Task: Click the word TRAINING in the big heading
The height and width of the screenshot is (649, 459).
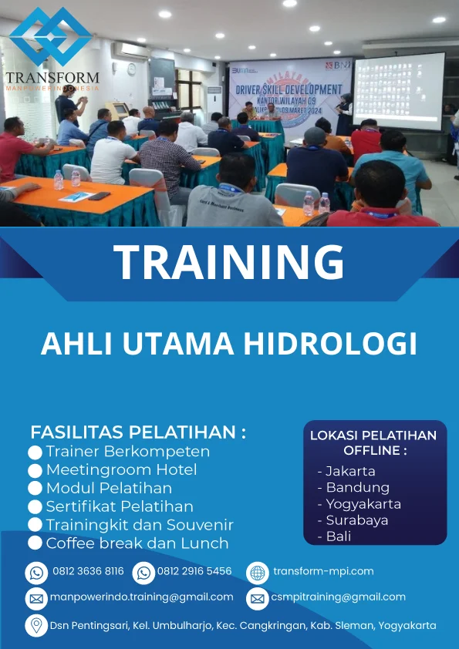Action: click(229, 262)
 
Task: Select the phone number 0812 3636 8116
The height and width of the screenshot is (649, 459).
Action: click(88, 572)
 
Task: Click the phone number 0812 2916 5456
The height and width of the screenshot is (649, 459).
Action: click(194, 572)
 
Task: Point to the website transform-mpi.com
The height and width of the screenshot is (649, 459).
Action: click(323, 571)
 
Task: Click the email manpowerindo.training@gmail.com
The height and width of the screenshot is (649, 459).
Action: click(141, 597)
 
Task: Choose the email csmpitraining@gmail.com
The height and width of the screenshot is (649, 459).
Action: click(338, 597)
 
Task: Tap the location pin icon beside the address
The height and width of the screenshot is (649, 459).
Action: click(36, 625)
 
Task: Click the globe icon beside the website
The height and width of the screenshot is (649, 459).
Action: click(257, 572)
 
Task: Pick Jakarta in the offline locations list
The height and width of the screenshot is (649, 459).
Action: click(350, 471)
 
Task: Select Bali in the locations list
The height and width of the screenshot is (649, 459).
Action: click(339, 536)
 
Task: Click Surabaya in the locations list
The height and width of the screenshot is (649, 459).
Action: click(356, 520)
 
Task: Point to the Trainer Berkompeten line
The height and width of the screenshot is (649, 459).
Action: click(127, 452)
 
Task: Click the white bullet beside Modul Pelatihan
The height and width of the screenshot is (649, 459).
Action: click(35, 489)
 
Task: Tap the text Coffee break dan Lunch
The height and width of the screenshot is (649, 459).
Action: click(137, 543)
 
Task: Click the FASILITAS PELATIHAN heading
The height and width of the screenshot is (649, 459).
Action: click(138, 432)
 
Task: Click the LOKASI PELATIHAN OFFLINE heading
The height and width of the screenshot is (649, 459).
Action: click(373, 442)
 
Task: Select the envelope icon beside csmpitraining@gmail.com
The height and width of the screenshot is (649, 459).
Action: click(257, 598)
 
